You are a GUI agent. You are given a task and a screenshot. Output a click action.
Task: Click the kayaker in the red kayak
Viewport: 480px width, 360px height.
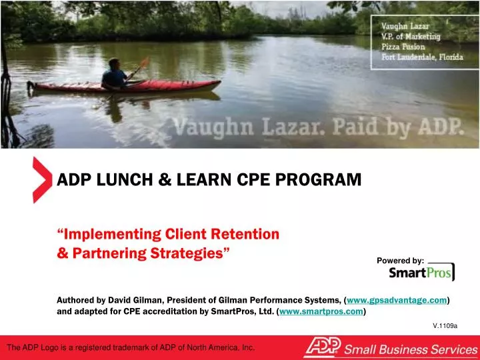[x=115, y=74]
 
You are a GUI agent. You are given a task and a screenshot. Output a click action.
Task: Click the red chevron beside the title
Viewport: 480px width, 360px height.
[x=41, y=181]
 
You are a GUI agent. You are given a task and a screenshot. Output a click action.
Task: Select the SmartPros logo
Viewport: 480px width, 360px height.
[x=421, y=273]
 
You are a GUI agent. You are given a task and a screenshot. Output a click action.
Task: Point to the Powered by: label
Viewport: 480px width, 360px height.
[x=400, y=260]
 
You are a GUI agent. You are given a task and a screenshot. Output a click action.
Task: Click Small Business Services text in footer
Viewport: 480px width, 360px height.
[x=409, y=349]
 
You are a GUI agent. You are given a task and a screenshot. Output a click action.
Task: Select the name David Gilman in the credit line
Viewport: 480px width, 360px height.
[x=129, y=301]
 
